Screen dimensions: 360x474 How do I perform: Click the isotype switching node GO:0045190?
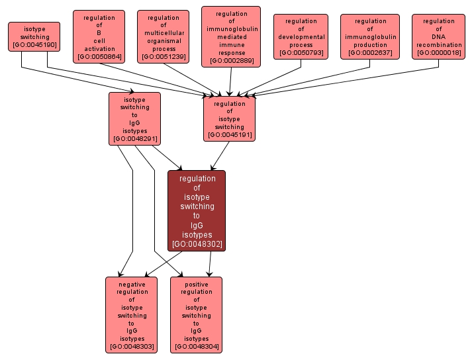pyautogui.click(x=34, y=37)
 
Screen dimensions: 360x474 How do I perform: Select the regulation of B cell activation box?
pyautogui.click(x=99, y=37)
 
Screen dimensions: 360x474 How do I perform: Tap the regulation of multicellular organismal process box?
pyautogui.click(x=164, y=37)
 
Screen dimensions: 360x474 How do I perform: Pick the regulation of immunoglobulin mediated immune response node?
pyautogui.click(x=231, y=37)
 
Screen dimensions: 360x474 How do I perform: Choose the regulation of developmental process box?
pyautogui.click(x=301, y=37)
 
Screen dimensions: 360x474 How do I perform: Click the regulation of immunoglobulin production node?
pyautogui.click(x=370, y=37)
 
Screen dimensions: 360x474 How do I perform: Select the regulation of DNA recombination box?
pyautogui.click(x=438, y=37)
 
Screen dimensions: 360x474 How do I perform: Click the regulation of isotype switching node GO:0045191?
pyautogui.click(x=230, y=118)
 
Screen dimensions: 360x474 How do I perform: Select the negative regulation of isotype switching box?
pyautogui.click(x=132, y=315)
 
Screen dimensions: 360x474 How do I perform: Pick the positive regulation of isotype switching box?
pyautogui.click(x=197, y=315)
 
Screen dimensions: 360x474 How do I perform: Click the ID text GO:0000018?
pyautogui.click(x=438, y=53)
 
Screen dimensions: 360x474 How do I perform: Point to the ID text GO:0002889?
pyautogui.click(x=231, y=61)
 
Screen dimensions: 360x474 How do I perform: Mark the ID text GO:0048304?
pyautogui.click(x=197, y=346)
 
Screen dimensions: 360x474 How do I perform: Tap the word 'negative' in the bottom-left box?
pyautogui.click(x=132, y=284)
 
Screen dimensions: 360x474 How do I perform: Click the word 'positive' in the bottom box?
pyautogui.click(x=197, y=284)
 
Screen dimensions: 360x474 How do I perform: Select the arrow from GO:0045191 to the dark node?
pyautogui.click(x=220, y=156)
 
